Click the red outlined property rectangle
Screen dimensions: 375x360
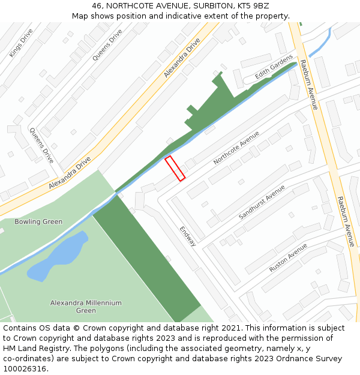[175, 168]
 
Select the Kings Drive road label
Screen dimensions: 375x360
[21, 43]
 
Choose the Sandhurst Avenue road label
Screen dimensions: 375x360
[262, 202]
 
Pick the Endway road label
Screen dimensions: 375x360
[188, 236]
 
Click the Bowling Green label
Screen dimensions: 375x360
[38, 221]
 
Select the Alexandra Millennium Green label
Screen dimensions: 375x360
[86, 307]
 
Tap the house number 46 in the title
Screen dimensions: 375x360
[97, 6]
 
